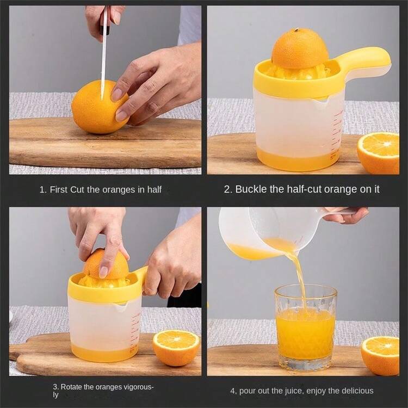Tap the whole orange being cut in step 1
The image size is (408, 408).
[100, 107]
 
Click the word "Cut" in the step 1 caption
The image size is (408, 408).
[78, 189]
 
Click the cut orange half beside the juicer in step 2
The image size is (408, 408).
[378, 153]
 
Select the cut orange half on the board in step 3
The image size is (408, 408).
[176, 348]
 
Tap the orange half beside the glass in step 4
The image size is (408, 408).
[380, 356]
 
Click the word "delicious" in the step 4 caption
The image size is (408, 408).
[357, 391]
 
